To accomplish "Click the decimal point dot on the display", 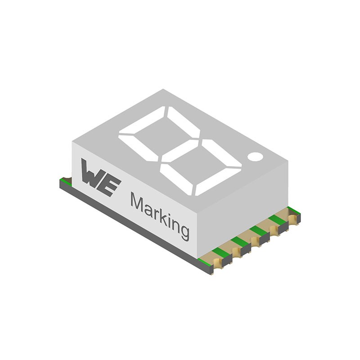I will point(255,156).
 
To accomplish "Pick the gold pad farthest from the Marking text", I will point(293,219).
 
